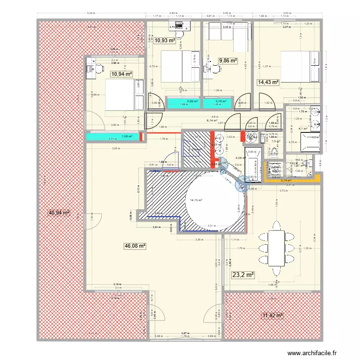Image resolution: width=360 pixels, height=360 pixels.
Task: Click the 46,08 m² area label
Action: coord(135,246)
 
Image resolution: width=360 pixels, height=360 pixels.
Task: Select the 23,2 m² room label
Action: coord(243,275)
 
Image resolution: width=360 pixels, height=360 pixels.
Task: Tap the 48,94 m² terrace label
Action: coord(59,212)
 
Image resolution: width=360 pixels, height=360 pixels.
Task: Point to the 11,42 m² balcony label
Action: coord(272,315)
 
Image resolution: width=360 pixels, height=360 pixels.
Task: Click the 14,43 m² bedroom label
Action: coord(269,83)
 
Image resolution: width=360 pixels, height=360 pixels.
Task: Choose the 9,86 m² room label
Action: coord(228,61)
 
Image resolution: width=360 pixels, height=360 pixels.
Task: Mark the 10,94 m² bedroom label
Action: coord(121,74)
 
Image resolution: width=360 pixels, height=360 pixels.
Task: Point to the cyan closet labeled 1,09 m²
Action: coord(113,137)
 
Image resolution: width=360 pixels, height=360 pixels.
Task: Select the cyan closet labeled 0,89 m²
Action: coord(183,102)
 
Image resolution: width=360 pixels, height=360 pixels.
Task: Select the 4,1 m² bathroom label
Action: coord(302,128)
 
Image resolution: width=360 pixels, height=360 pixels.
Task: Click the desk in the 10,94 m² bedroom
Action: coord(91,70)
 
